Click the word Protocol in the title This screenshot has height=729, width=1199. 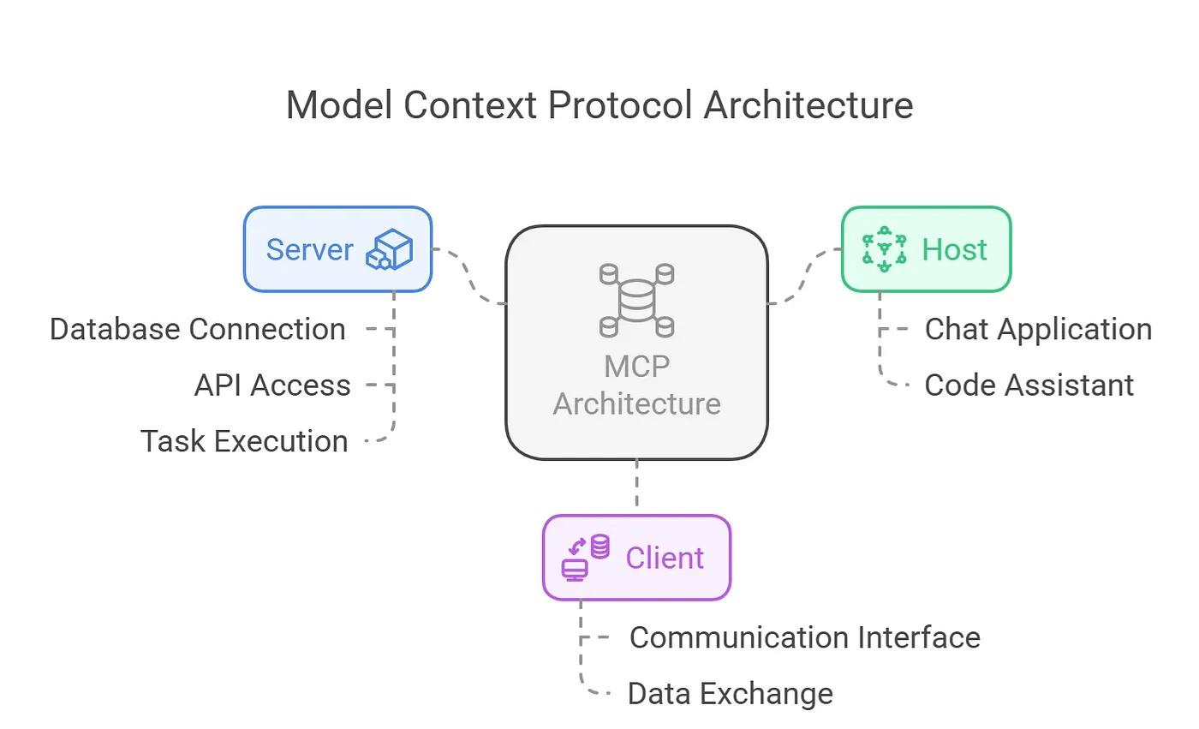[x=621, y=105]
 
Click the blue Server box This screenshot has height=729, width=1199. [x=337, y=249]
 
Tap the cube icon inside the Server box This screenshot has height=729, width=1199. [x=390, y=249]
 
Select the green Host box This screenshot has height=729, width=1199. [x=926, y=249]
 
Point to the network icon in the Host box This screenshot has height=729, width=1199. [x=884, y=249]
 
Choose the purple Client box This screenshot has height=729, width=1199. [x=636, y=557]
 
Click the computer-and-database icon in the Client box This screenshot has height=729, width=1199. [x=586, y=557]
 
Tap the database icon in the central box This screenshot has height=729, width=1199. [x=636, y=301]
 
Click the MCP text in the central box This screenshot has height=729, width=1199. [x=636, y=367]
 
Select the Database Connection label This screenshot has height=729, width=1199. [x=198, y=329]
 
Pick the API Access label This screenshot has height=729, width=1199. [x=272, y=385]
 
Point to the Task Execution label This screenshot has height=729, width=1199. [x=244, y=441]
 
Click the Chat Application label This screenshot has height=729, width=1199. [x=1038, y=329]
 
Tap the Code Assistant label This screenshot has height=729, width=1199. [x=1029, y=385]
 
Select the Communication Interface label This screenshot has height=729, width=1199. [x=804, y=637]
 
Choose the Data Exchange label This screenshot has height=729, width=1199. [x=730, y=693]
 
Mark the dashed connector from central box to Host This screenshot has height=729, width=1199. [x=804, y=276]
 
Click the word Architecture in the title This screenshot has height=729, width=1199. [x=808, y=105]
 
